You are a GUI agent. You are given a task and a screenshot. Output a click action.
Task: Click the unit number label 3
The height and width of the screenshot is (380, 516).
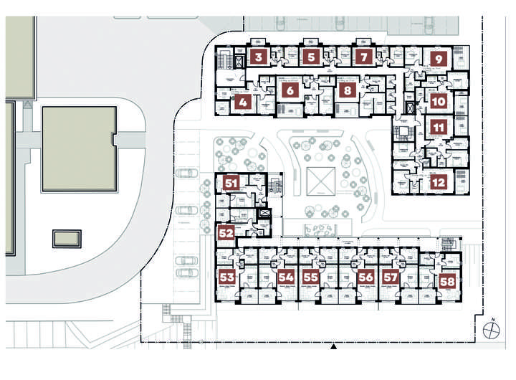259,56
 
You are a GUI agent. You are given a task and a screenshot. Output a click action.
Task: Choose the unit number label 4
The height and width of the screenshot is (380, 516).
242,102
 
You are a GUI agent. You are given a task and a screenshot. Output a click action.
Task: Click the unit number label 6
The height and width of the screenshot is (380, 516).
290,91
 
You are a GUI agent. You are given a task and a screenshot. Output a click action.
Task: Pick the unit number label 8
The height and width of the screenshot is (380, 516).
347,91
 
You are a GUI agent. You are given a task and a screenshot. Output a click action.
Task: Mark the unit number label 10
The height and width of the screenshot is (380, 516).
439,102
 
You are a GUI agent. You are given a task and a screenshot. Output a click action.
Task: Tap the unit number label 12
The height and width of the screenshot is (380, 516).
439,182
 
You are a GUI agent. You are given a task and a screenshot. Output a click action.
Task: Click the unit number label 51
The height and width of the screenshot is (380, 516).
231,183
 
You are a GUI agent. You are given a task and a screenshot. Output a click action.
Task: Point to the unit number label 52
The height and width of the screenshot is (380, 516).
226,232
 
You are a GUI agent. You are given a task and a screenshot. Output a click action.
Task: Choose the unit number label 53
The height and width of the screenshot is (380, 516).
227,277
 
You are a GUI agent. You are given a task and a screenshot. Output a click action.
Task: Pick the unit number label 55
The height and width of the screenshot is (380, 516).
310,277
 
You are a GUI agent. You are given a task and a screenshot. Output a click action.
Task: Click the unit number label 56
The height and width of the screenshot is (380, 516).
365,277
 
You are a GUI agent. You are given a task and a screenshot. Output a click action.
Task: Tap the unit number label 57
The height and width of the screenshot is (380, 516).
390,277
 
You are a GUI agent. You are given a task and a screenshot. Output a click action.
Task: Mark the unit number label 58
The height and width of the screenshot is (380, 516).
448,281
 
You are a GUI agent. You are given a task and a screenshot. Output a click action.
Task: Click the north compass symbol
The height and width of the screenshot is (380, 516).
492,329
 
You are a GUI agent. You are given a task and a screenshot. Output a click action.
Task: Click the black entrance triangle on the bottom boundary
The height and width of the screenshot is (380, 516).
334,347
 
